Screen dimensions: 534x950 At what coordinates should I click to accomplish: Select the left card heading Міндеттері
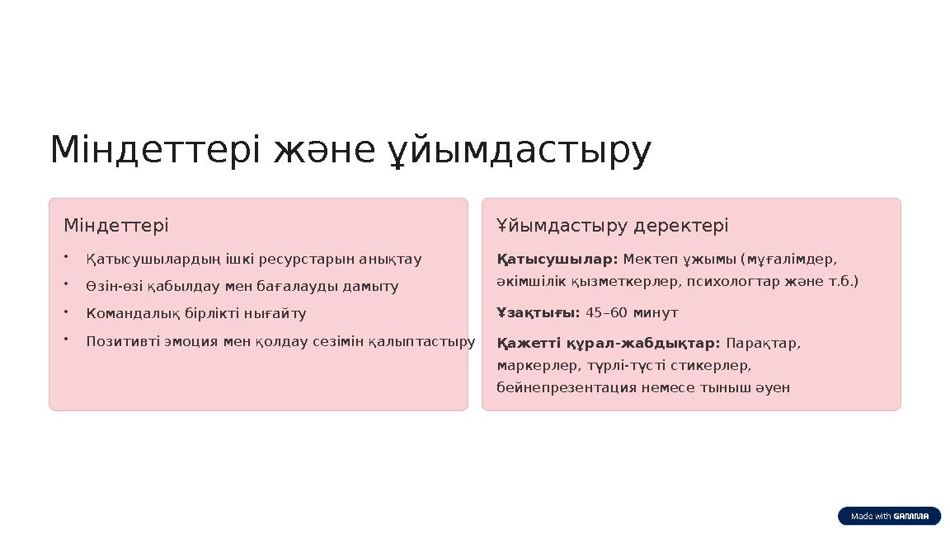[116, 225]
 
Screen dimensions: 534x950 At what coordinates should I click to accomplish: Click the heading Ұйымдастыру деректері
[613, 225]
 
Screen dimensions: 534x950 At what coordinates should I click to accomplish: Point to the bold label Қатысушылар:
[557, 260]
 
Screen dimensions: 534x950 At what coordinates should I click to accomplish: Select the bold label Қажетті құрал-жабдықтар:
[609, 343]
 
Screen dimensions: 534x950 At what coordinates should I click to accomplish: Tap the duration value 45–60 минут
[632, 312]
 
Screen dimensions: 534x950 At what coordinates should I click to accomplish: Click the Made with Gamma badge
[889, 517]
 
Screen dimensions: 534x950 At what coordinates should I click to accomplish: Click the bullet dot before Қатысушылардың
[65, 257]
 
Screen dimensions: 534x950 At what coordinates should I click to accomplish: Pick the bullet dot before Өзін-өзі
[65, 284]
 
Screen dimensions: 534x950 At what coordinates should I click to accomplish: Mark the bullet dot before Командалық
[65, 312]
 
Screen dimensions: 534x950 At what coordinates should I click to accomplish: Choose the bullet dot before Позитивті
[65, 340]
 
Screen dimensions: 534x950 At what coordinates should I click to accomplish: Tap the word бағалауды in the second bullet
[299, 287]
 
